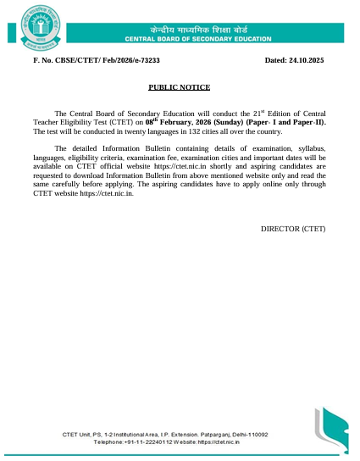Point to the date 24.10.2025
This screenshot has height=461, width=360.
coord(307,61)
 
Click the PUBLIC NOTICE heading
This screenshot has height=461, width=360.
coord(179,87)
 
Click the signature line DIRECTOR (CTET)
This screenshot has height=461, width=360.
coord(292,229)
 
